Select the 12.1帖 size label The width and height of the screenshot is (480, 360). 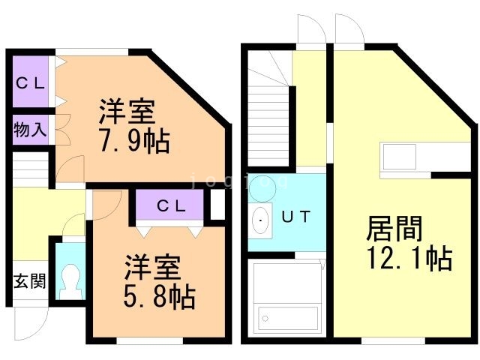click(409, 258)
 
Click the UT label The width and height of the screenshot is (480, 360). click(296, 217)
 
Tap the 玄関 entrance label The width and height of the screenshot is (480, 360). click(29, 282)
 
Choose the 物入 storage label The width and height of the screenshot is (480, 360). click(30, 129)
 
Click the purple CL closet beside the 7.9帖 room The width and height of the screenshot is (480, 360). click(31, 83)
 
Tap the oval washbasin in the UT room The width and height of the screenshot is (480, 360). click(261, 220)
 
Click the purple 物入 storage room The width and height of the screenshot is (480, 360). click(30, 129)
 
